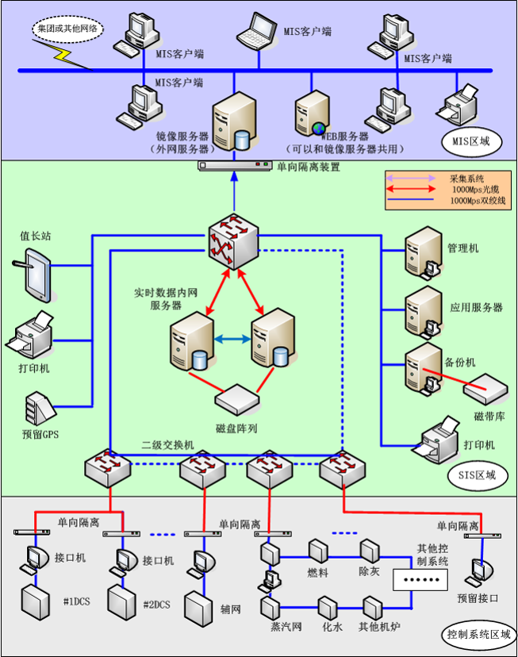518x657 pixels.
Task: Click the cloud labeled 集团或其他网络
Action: [68, 29]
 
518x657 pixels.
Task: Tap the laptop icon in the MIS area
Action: [259, 29]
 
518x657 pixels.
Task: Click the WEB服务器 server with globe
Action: [311, 115]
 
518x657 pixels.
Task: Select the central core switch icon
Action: [235, 240]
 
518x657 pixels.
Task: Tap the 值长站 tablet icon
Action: [36, 275]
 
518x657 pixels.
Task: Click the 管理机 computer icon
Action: [423, 252]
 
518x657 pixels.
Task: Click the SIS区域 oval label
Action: [476, 475]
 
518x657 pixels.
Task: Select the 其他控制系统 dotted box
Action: [421, 581]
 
